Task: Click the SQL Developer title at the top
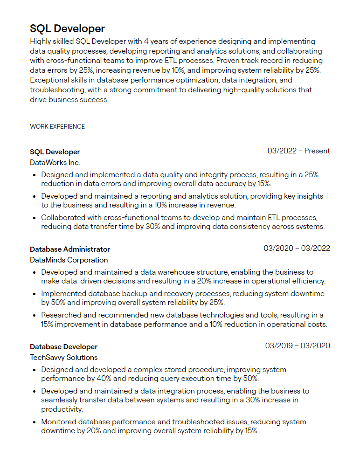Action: coord(67,28)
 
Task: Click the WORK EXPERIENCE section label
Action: coord(57,126)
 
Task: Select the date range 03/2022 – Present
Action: coord(298,151)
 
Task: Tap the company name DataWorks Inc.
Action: coord(55,163)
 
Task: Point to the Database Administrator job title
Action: coord(70,249)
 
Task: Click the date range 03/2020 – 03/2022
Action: coord(297,249)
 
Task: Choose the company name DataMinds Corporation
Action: coord(69,260)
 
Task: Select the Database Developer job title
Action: coord(63,347)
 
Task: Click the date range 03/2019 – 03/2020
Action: coord(298,346)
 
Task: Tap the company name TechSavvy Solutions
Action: coord(63,358)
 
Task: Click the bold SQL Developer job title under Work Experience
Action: coord(55,152)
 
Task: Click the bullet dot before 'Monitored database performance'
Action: coord(35,422)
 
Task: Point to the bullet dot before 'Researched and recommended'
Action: coord(35,316)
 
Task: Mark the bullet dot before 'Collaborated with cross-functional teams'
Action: coord(35,218)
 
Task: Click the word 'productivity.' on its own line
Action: coord(62,409)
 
